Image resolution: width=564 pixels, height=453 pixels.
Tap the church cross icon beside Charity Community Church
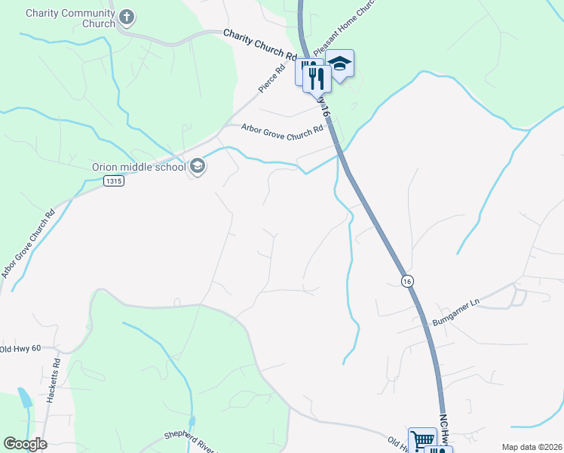click(x=127, y=17)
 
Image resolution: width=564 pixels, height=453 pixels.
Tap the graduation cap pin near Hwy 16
click(x=341, y=65)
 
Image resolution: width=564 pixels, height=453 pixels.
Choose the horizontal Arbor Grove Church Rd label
click(x=282, y=128)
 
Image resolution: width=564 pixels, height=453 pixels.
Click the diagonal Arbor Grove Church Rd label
click(x=29, y=244)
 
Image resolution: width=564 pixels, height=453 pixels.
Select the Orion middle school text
click(x=138, y=167)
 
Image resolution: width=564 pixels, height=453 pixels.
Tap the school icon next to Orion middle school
click(x=198, y=166)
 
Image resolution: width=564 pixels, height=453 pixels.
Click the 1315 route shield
click(x=113, y=181)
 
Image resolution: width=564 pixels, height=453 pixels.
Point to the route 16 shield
click(x=407, y=280)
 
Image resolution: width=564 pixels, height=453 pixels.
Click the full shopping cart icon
click(x=422, y=441)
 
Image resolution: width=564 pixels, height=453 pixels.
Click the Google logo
click(x=25, y=444)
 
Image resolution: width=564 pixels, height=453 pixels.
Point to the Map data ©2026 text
click(x=531, y=447)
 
